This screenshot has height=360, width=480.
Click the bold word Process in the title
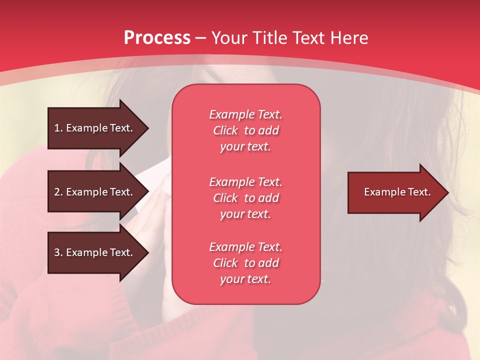pos(157,38)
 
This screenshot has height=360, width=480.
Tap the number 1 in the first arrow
pos(57,128)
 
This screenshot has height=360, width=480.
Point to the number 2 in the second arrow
pos(57,192)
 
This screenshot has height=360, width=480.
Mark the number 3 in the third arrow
pos(57,252)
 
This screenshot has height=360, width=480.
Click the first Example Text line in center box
pos(245,114)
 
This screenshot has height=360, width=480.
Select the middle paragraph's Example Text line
pos(245,182)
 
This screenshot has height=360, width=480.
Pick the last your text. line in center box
pos(245,279)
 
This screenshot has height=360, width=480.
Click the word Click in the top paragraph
pos(225,130)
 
